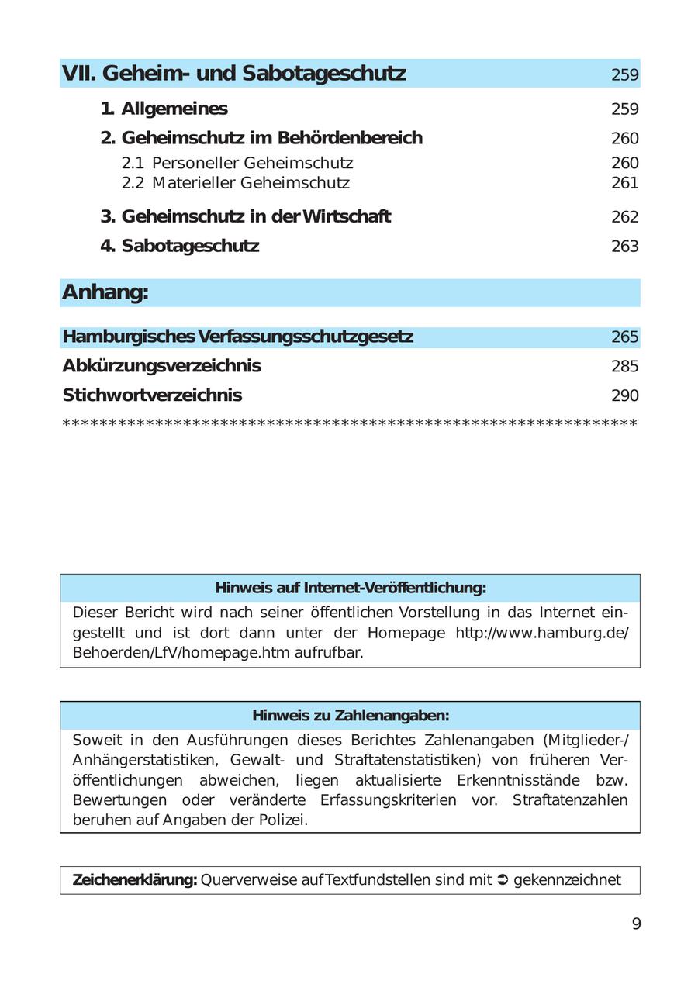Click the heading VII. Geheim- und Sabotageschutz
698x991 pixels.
[x=233, y=74]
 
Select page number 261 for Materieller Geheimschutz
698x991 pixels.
[x=624, y=183]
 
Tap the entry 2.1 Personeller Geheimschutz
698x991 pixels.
[x=237, y=163]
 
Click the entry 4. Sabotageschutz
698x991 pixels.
[x=180, y=246]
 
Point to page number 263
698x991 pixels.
[x=624, y=247]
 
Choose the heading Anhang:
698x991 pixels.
[x=105, y=292]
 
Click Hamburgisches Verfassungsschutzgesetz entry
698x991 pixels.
[x=237, y=337]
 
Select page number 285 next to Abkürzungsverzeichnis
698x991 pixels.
[x=624, y=366]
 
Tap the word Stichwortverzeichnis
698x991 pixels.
[x=152, y=395]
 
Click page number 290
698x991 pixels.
[x=624, y=395]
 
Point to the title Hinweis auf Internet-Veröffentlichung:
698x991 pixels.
[x=351, y=588]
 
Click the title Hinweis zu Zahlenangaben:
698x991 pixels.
[x=351, y=715]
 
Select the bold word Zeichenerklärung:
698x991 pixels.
[x=135, y=880]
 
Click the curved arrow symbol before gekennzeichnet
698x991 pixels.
[x=502, y=880]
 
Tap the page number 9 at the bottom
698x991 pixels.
[x=636, y=924]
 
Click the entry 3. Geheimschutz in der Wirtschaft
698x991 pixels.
[x=246, y=216]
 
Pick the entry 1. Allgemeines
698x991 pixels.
[x=164, y=109]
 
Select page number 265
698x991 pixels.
[x=624, y=337]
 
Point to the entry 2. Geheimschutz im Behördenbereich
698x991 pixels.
[x=261, y=138]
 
